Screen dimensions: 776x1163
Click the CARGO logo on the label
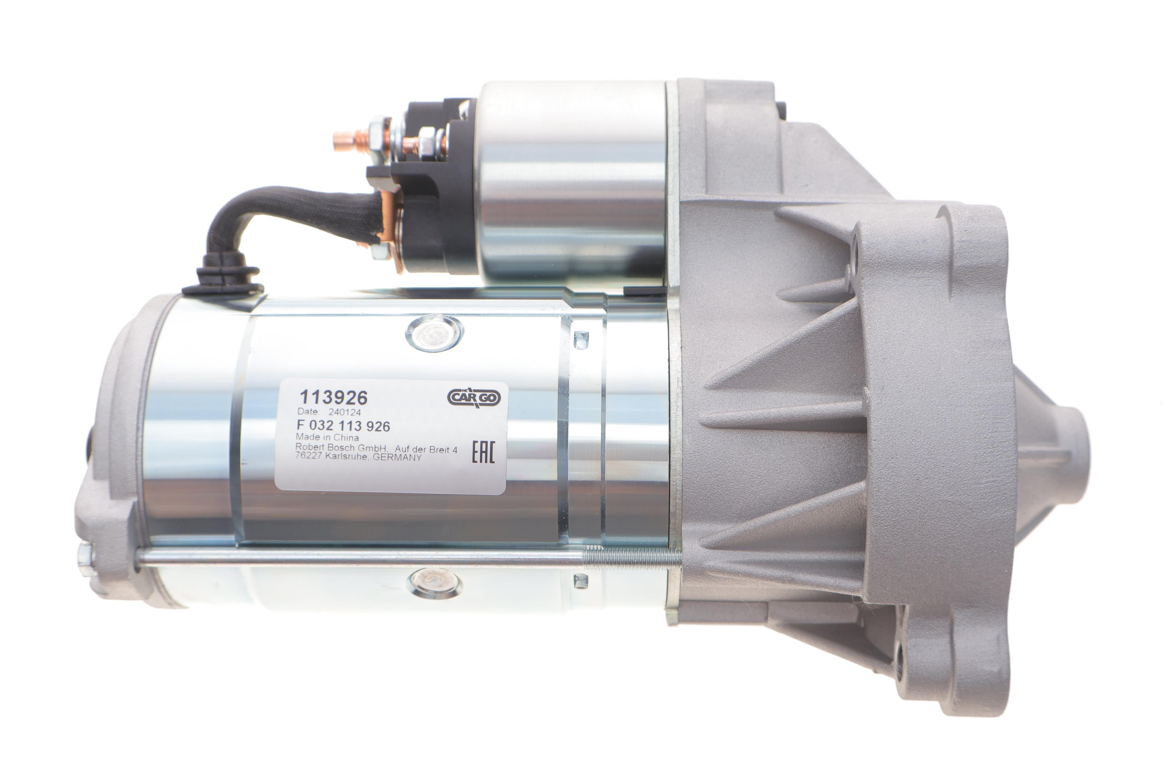tap(474, 397)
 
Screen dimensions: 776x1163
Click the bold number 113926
tap(334, 397)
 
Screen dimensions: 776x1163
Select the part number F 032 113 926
tap(343, 426)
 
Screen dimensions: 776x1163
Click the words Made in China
tap(327, 437)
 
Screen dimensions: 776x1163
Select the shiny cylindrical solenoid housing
tap(571, 183)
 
